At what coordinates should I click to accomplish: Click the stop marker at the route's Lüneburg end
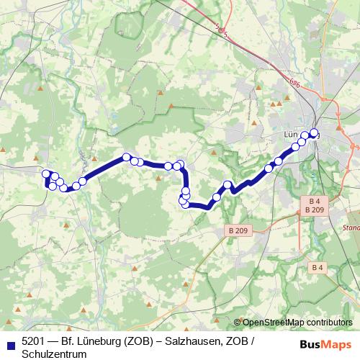point(314,132)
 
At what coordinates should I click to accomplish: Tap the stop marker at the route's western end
point(46,174)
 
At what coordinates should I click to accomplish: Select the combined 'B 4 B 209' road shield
point(314,204)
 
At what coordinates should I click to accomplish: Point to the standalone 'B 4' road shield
point(318,267)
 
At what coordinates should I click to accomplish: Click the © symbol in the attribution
point(238,323)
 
